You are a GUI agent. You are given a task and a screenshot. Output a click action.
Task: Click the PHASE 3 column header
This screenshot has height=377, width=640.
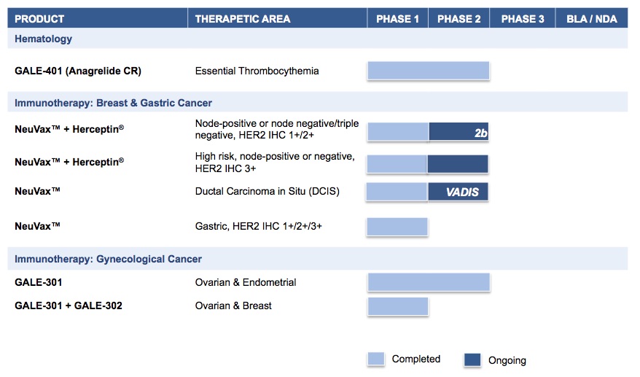tap(523, 19)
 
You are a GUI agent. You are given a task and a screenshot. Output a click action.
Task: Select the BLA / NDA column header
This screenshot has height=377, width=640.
tap(591, 19)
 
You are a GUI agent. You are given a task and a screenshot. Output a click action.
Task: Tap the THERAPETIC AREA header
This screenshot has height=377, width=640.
tap(243, 19)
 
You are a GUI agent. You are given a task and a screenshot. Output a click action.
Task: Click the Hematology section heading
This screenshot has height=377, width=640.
tap(43, 39)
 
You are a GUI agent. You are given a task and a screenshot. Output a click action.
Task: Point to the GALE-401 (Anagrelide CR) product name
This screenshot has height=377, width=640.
tap(78, 71)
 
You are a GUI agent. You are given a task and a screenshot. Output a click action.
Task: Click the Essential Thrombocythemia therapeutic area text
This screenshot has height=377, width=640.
tap(257, 71)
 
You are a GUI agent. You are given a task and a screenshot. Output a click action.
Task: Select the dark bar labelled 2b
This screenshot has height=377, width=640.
tap(458, 132)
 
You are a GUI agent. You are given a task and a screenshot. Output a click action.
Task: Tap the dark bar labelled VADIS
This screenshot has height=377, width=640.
tap(458, 192)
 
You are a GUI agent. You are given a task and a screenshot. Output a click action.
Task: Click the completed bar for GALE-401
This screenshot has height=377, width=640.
tap(428, 71)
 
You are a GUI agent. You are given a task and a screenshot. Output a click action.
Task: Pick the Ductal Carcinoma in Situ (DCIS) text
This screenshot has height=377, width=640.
tap(267, 191)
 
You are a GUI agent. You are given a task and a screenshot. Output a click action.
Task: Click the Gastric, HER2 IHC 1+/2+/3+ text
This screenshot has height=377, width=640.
tap(258, 226)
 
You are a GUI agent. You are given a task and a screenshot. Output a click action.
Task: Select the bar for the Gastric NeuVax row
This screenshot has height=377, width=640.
tap(397, 227)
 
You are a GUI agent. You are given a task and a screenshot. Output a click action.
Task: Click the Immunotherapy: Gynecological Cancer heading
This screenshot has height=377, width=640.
tap(108, 259)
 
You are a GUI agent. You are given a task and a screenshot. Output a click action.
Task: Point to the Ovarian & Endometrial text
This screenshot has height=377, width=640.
tap(246, 282)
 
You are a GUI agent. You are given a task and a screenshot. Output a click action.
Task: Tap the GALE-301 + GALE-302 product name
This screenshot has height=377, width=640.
tap(69, 306)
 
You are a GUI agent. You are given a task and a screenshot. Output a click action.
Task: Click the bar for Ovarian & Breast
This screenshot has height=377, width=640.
tap(398, 306)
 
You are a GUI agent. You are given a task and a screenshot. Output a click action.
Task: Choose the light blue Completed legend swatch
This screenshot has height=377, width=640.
tap(376, 359)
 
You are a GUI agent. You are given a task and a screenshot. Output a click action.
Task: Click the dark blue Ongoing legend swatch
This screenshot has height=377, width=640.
tap(472, 359)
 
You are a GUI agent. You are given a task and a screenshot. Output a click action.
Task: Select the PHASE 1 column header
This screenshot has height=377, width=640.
tap(397, 19)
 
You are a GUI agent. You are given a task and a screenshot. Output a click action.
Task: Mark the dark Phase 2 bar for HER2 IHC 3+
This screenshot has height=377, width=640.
tap(458, 164)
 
